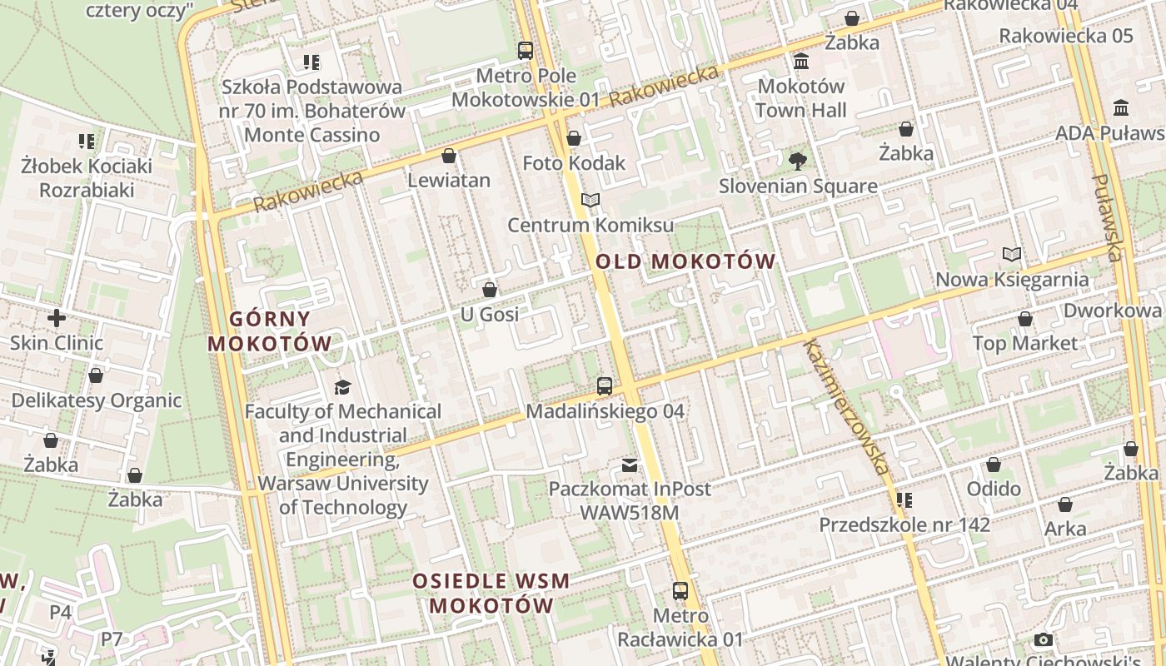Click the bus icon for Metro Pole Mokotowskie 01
pyautogui.click(x=526, y=50)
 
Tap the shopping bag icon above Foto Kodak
pyautogui.click(x=573, y=138)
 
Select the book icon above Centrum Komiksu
pyautogui.click(x=590, y=201)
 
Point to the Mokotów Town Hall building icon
pyautogui.click(x=801, y=62)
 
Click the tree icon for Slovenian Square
pyautogui.click(x=798, y=161)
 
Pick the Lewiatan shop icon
pyautogui.click(x=449, y=156)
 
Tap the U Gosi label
pyautogui.click(x=490, y=314)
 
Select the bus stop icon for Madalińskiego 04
pyautogui.click(x=605, y=386)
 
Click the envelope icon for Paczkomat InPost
pyautogui.click(x=630, y=465)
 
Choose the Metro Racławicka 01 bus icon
pyautogui.click(x=680, y=591)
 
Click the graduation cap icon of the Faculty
pyautogui.click(x=342, y=387)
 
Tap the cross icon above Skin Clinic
pyautogui.click(x=57, y=318)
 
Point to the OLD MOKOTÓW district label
pyautogui.click(x=685, y=261)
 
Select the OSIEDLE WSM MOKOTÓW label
pyautogui.click(x=491, y=593)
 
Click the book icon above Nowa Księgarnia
pyautogui.click(x=1012, y=255)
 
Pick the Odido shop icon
pyautogui.click(x=994, y=465)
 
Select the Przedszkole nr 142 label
pyautogui.click(x=904, y=524)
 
